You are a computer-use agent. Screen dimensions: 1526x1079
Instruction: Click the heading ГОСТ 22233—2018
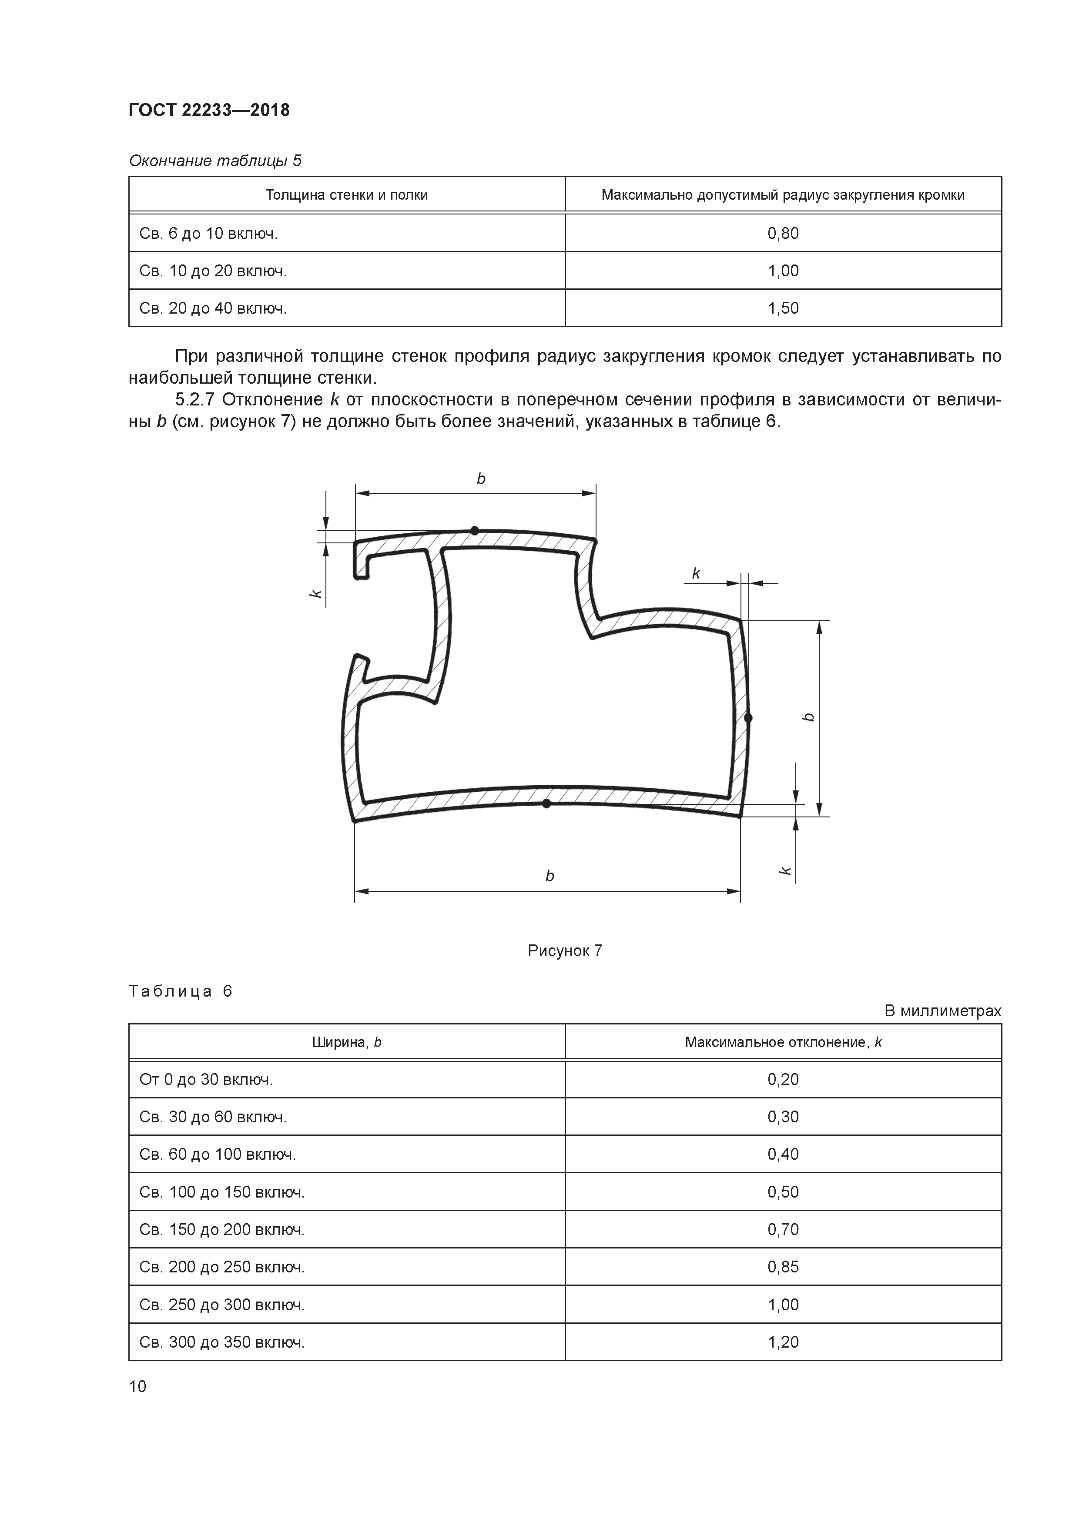coord(209,110)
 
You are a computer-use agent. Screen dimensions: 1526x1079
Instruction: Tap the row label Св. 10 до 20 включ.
coord(213,271)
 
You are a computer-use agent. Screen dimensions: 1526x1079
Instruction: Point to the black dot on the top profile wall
coord(475,530)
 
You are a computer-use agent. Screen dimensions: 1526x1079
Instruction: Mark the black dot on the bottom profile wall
coord(546,803)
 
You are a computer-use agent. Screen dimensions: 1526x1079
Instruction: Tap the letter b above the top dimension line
coord(481,479)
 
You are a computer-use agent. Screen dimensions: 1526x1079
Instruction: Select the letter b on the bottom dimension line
coord(550,876)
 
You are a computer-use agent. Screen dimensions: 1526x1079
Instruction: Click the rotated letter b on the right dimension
coord(808,717)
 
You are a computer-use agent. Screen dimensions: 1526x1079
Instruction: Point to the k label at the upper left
coord(317,593)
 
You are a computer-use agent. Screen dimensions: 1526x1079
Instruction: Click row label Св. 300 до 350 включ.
coord(222,1342)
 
